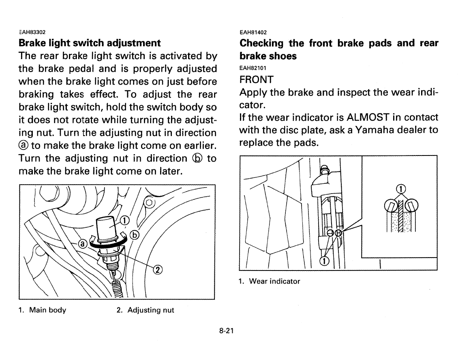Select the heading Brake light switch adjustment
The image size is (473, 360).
pos(90,43)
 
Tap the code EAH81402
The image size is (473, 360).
pos(253,32)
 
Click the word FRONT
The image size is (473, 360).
pos(257,79)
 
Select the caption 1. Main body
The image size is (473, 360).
pos(42,310)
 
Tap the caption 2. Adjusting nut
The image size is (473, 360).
pos(145,310)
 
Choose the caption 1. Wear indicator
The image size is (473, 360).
pos(270,281)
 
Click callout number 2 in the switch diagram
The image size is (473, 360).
pos(158,270)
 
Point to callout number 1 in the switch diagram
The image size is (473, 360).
pos(125,220)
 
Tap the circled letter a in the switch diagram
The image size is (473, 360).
pos(82,244)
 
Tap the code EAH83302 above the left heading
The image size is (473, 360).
pos(32,32)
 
